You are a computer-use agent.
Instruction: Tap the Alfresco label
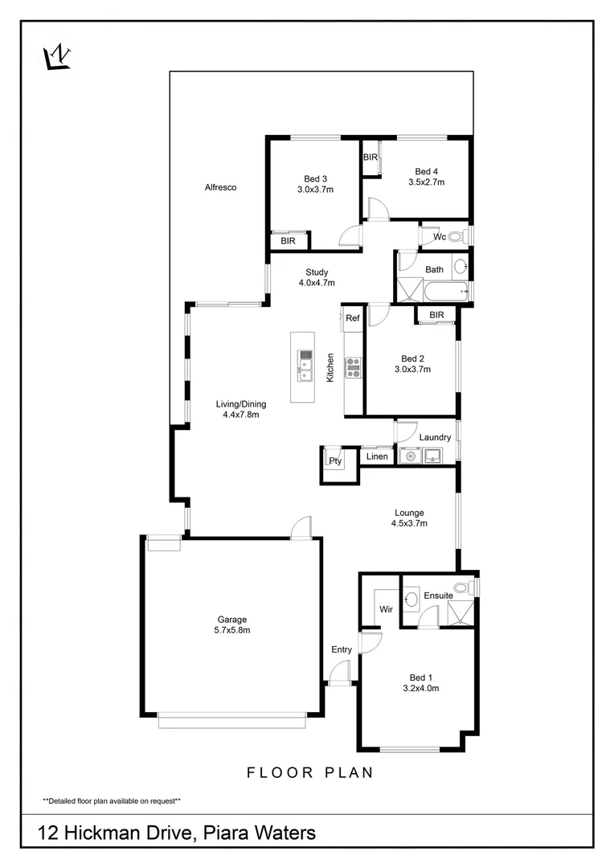(x=220, y=187)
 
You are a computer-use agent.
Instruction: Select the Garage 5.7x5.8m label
(x=231, y=624)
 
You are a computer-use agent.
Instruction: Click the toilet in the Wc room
(x=456, y=237)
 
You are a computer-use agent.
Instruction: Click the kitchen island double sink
(x=305, y=366)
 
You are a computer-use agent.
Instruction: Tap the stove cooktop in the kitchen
(x=353, y=367)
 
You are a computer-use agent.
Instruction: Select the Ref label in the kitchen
(x=352, y=318)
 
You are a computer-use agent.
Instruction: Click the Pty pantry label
(x=334, y=461)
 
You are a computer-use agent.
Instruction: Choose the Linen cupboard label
(x=377, y=457)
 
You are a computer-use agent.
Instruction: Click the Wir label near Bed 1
(x=385, y=609)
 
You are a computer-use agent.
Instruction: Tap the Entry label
(x=342, y=649)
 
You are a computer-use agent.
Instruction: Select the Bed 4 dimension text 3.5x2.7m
(x=426, y=182)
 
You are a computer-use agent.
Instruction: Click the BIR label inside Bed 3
(x=288, y=240)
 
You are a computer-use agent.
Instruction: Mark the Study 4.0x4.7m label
(x=317, y=277)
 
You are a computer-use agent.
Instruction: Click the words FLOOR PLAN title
(x=309, y=773)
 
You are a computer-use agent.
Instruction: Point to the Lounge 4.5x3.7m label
(x=408, y=518)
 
